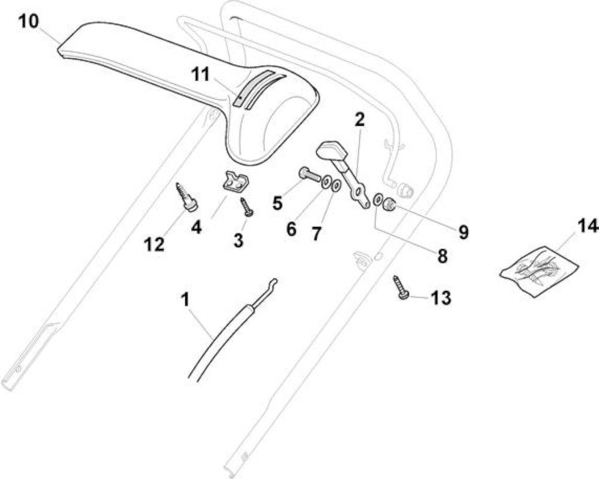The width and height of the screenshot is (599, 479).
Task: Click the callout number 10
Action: (x=29, y=22)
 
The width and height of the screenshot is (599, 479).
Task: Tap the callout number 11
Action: (x=201, y=74)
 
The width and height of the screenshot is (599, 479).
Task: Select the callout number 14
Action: (x=588, y=226)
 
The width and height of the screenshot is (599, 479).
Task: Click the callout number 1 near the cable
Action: (x=185, y=299)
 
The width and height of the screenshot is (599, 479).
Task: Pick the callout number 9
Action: (x=464, y=232)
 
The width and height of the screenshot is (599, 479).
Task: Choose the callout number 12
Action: (x=155, y=244)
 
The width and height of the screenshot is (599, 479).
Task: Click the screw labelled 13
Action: (x=401, y=288)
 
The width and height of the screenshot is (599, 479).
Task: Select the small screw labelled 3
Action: (x=246, y=207)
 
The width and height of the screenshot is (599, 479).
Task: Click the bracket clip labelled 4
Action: (x=235, y=181)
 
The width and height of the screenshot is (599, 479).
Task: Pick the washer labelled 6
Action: (x=326, y=182)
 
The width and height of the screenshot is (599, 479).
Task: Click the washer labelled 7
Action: (x=337, y=186)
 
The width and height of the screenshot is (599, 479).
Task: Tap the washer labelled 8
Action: (x=378, y=199)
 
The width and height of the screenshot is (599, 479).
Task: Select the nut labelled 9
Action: (x=390, y=204)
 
